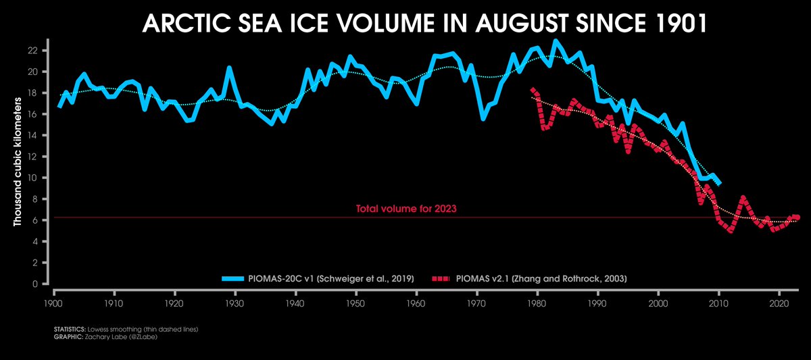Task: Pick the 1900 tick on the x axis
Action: tap(53, 295)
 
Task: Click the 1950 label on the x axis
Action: tap(356, 295)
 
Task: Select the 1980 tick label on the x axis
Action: tap(537, 295)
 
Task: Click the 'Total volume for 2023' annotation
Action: tap(406, 209)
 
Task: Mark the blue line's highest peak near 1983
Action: tap(556, 41)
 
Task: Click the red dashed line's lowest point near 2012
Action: tap(731, 231)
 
